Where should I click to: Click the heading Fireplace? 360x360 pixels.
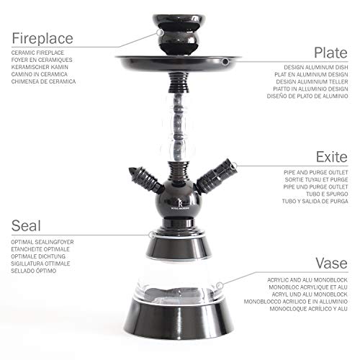(42, 38)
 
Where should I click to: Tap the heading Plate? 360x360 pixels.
(330, 53)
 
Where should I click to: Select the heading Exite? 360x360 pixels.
(332, 157)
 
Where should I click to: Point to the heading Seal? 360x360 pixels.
(26, 225)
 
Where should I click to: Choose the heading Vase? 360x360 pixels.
(331, 263)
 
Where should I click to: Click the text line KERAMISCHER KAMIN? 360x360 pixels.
(40, 67)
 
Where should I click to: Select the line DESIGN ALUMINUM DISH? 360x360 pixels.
(316, 68)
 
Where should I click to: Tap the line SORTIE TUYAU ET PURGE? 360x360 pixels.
(316, 179)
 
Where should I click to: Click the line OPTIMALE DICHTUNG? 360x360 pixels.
(38, 256)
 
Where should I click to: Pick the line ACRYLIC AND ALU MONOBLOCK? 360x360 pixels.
(307, 280)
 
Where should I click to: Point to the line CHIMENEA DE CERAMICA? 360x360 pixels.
(43, 81)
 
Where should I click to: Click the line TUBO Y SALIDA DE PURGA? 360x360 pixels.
(315, 201)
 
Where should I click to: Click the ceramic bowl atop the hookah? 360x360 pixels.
(179, 34)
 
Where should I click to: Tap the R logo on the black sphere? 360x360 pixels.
(180, 203)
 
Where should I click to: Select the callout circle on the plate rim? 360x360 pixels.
(225, 62)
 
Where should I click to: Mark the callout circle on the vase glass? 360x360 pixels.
(220, 286)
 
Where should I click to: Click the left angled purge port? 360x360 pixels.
(146, 179)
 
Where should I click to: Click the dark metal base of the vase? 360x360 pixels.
(179, 319)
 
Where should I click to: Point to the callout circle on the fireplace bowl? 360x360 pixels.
(160, 32)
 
